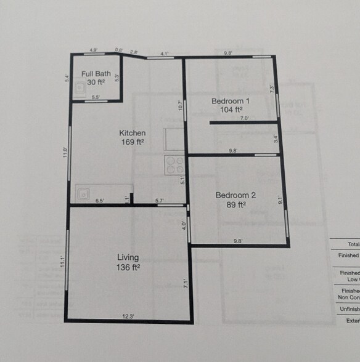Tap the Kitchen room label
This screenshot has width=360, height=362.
(132, 133)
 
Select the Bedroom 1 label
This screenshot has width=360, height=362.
(231, 101)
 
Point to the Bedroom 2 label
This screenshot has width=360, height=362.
(235, 196)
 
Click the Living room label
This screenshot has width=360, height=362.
(128, 257)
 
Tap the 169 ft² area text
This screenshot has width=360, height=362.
(132, 142)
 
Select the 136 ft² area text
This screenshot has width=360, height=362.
(128, 267)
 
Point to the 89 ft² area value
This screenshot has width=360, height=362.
(235, 205)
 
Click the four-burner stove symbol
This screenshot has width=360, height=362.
(174, 164)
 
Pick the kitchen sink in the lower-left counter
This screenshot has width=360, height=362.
(83, 193)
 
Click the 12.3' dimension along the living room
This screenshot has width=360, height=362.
(128, 316)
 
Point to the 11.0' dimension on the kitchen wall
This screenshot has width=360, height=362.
(65, 152)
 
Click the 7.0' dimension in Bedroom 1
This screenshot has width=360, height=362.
(244, 118)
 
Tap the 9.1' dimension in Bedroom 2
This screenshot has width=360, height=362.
(280, 199)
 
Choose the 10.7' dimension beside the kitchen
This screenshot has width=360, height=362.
(180, 106)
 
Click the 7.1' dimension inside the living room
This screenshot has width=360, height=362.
(184, 283)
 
